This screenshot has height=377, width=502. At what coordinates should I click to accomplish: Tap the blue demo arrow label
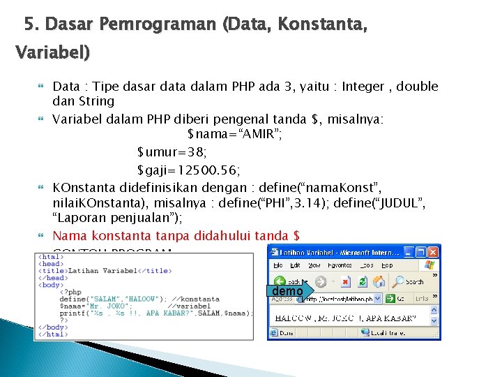pyautogui.click(x=287, y=291)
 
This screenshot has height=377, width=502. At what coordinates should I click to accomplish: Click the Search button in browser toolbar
pyautogui.click(x=407, y=282)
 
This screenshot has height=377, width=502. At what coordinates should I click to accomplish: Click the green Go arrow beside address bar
pyautogui.click(x=390, y=298)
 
